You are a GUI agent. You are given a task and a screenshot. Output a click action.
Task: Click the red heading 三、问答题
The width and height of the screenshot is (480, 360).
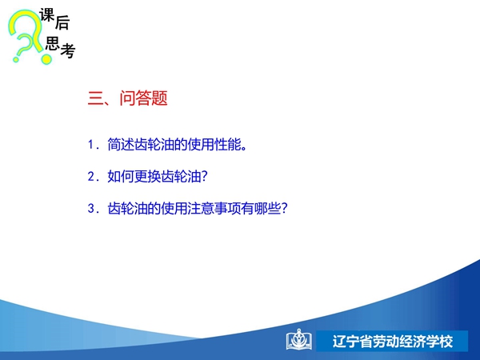127,98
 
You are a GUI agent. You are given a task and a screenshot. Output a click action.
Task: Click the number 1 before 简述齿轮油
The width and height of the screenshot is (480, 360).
90,145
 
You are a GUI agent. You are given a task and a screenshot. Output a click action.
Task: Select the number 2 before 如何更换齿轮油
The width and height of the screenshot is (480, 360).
91,177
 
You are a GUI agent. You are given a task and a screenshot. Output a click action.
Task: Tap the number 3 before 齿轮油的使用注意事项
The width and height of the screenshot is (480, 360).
91,209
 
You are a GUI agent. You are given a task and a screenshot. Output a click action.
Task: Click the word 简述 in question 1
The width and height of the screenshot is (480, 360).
121,144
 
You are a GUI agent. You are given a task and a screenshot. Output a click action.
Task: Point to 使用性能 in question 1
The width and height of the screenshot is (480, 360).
214,144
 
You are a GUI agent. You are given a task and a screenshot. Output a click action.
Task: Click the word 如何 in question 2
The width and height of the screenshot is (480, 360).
121,176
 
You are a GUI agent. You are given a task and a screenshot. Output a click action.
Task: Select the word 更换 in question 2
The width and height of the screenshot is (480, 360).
147,176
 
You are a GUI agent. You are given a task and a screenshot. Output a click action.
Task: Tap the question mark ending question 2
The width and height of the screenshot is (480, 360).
205,176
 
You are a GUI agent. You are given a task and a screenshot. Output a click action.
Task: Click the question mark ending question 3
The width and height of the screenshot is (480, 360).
284,208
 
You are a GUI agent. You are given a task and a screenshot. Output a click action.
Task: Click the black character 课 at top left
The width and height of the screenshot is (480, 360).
47,15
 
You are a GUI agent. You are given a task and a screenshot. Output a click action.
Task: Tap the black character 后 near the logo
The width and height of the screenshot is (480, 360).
62,22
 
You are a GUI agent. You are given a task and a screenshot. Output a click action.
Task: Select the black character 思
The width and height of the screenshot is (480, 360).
52,43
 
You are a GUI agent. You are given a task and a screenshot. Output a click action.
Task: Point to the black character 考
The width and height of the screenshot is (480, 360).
68,50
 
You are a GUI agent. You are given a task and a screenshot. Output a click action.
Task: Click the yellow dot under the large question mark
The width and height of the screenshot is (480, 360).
46,58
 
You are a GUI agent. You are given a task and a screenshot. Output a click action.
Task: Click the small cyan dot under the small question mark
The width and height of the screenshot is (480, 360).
16,59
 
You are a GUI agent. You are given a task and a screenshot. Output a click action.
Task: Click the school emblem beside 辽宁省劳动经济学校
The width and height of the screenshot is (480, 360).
298,340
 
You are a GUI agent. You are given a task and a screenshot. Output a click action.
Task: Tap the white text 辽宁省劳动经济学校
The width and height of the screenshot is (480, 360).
393,342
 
